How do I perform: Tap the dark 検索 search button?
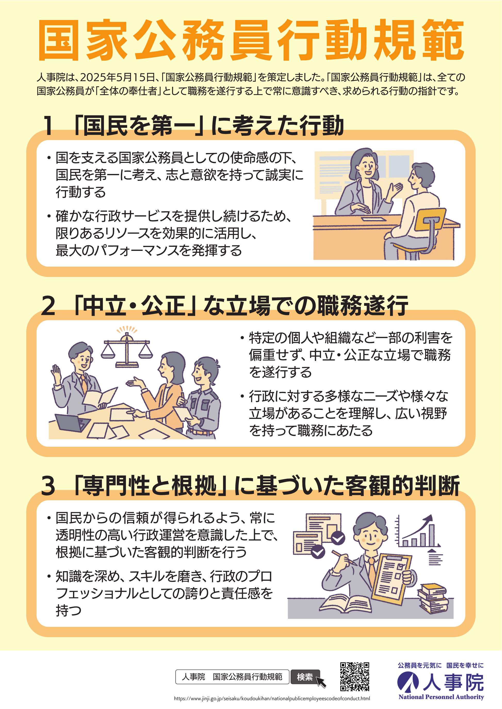(x=305, y=677)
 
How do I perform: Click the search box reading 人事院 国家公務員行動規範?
(x=232, y=677)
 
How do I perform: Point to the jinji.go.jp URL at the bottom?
(x=272, y=698)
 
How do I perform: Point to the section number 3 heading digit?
(x=48, y=486)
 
